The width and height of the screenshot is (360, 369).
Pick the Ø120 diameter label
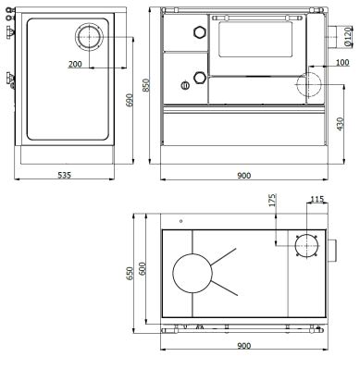click(347, 34)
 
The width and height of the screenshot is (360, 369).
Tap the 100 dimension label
click(342, 62)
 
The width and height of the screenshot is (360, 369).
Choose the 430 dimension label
click(341, 121)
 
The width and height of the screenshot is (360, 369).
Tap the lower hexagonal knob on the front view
click(196, 77)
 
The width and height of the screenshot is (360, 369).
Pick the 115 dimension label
click(317, 199)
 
